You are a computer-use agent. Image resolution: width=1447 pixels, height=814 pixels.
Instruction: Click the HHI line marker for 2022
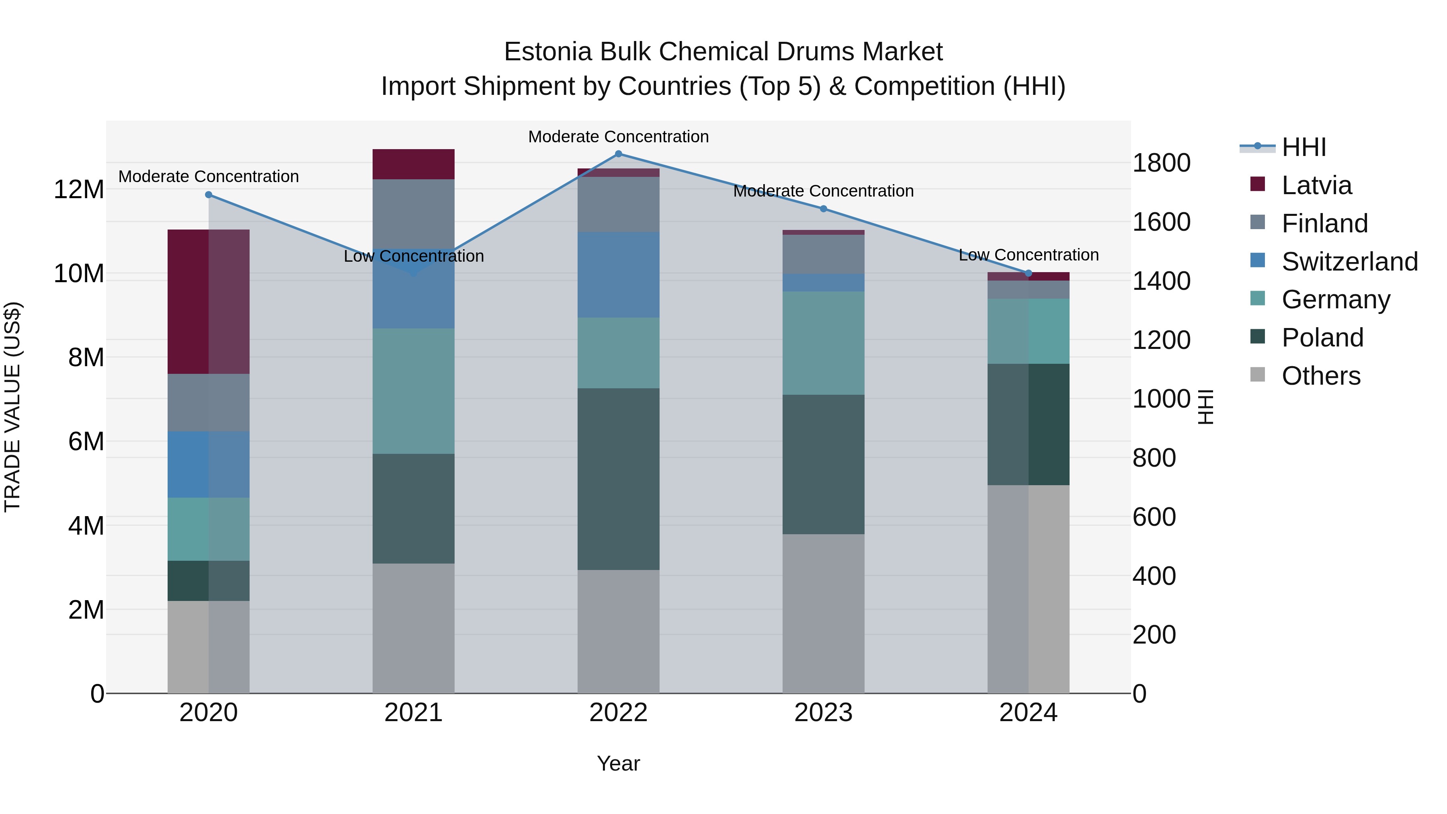pyautogui.click(x=619, y=154)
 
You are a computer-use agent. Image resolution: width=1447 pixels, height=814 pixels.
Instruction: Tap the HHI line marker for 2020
pyautogui.click(x=208, y=195)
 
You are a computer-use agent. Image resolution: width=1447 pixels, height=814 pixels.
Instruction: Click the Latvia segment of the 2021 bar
pyautogui.click(x=414, y=164)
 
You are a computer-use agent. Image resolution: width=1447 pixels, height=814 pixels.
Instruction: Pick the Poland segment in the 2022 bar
pyautogui.click(x=619, y=479)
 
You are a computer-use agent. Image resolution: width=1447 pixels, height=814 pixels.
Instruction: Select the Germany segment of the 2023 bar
pyautogui.click(x=824, y=343)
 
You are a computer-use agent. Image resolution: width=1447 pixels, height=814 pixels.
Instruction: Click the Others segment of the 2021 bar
pyautogui.click(x=414, y=628)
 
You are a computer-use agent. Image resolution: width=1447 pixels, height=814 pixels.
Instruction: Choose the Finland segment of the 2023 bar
pyautogui.click(x=824, y=254)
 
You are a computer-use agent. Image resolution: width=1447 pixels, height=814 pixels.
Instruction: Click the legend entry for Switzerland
pyautogui.click(x=1348, y=262)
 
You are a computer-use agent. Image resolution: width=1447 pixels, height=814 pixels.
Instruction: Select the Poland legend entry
pyautogui.click(x=1322, y=338)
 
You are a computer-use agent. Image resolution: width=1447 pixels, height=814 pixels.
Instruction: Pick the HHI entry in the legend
pyautogui.click(x=1303, y=147)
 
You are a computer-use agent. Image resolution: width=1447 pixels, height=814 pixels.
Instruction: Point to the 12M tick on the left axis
pyautogui.click(x=79, y=190)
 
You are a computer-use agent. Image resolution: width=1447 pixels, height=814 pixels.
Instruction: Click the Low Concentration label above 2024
pyautogui.click(x=1029, y=255)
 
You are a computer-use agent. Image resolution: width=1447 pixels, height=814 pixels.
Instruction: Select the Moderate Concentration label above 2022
pyautogui.click(x=619, y=137)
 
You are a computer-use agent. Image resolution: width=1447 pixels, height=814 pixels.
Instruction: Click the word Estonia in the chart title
pyautogui.click(x=548, y=52)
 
